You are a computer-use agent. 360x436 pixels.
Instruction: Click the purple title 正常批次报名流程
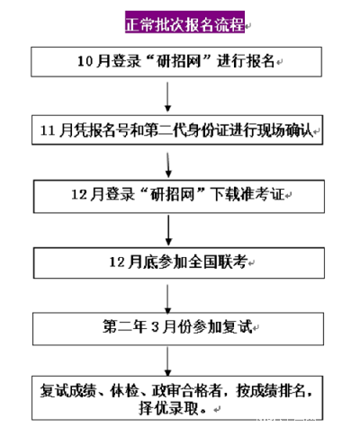(x=184, y=22)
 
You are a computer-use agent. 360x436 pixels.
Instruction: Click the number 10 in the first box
(x=85, y=61)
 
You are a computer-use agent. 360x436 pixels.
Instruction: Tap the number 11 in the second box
(x=48, y=130)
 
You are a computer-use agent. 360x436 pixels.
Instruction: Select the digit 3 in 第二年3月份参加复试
(x=155, y=327)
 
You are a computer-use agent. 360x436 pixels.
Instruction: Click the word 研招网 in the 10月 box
(x=178, y=61)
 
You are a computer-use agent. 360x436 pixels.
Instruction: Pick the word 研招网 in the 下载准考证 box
(x=172, y=194)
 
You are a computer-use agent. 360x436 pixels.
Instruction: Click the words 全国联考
(x=218, y=262)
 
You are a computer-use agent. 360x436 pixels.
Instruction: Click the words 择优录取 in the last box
(x=169, y=408)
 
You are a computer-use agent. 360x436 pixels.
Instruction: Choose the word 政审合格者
(x=187, y=390)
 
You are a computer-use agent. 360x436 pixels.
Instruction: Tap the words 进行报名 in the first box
(x=246, y=61)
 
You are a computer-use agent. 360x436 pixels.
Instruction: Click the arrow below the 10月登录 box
(x=167, y=96)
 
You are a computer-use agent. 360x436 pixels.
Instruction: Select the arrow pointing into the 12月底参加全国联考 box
(x=168, y=230)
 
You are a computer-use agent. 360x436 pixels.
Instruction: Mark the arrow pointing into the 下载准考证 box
(x=168, y=165)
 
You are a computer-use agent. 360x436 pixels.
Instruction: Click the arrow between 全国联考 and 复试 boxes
(x=167, y=298)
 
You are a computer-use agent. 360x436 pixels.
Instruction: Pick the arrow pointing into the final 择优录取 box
(x=167, y=361)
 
